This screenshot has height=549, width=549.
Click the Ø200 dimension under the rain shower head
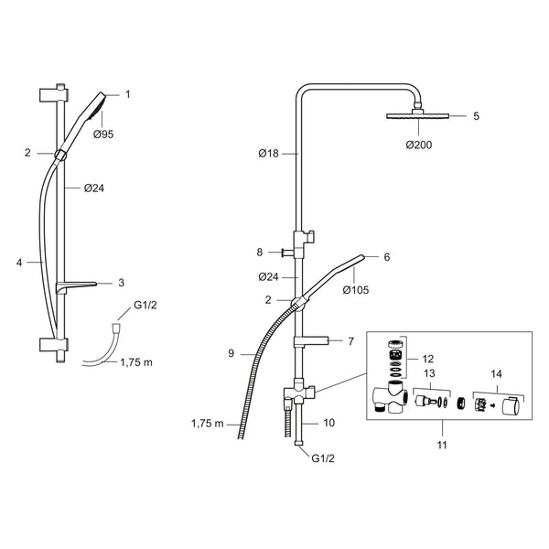(x=419, y=145)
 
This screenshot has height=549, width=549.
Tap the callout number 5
(x=476, y=116)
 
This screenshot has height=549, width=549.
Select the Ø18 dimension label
(x=268, y=154)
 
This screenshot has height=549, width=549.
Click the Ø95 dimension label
(x=103, y=135)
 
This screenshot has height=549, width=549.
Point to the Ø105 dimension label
(x=356, y=290)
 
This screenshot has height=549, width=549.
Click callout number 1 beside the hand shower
(x=128, y=94)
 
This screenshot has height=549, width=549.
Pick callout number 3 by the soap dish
(x=121, y=283)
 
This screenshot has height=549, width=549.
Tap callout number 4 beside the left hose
(x=19, y=263)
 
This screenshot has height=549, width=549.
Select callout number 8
(x=260, y=253)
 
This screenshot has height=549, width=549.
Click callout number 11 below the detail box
(x=442, y=445)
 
